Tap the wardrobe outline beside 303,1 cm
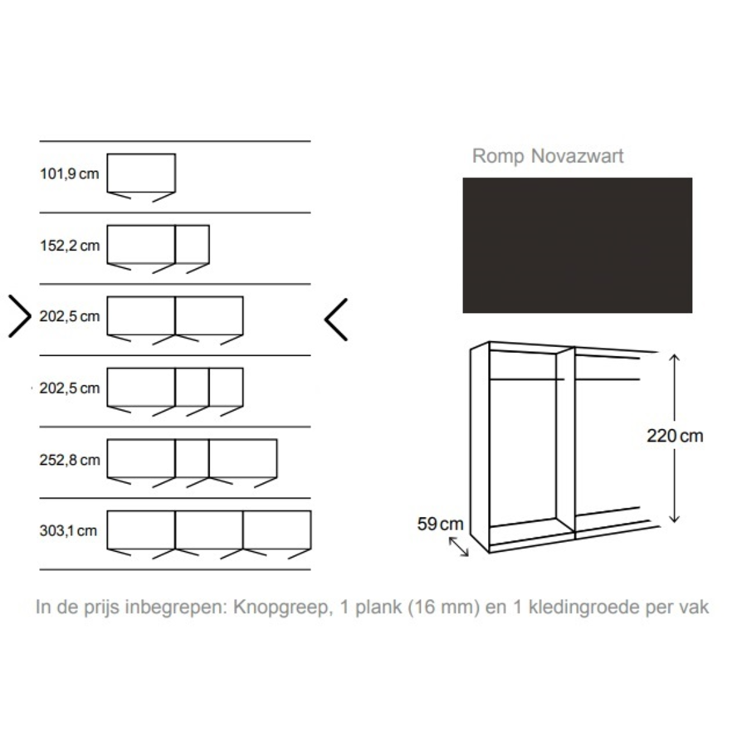click(x=209, y=532)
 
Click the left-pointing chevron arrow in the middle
click(x=335, y=318)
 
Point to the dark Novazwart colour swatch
click(x=577, y=245)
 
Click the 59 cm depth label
click(x=440, y=524)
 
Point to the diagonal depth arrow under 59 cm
click(x=458, y=547)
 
